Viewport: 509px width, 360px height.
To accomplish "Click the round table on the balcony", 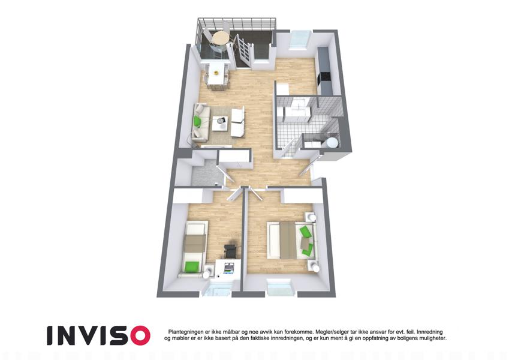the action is click(x=220, y=38).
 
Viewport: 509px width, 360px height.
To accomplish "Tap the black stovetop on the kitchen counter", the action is click(x=324, y=77).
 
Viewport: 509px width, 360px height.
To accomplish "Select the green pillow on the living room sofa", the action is click(x=197, y=122).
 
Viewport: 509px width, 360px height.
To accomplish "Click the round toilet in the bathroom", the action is click(x=331, y=142).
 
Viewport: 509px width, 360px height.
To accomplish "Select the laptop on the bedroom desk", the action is click(x=229, y=268).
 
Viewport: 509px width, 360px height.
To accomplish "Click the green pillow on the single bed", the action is click(x=192, y=266).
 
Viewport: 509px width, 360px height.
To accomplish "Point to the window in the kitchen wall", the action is click(x=299, y=40).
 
